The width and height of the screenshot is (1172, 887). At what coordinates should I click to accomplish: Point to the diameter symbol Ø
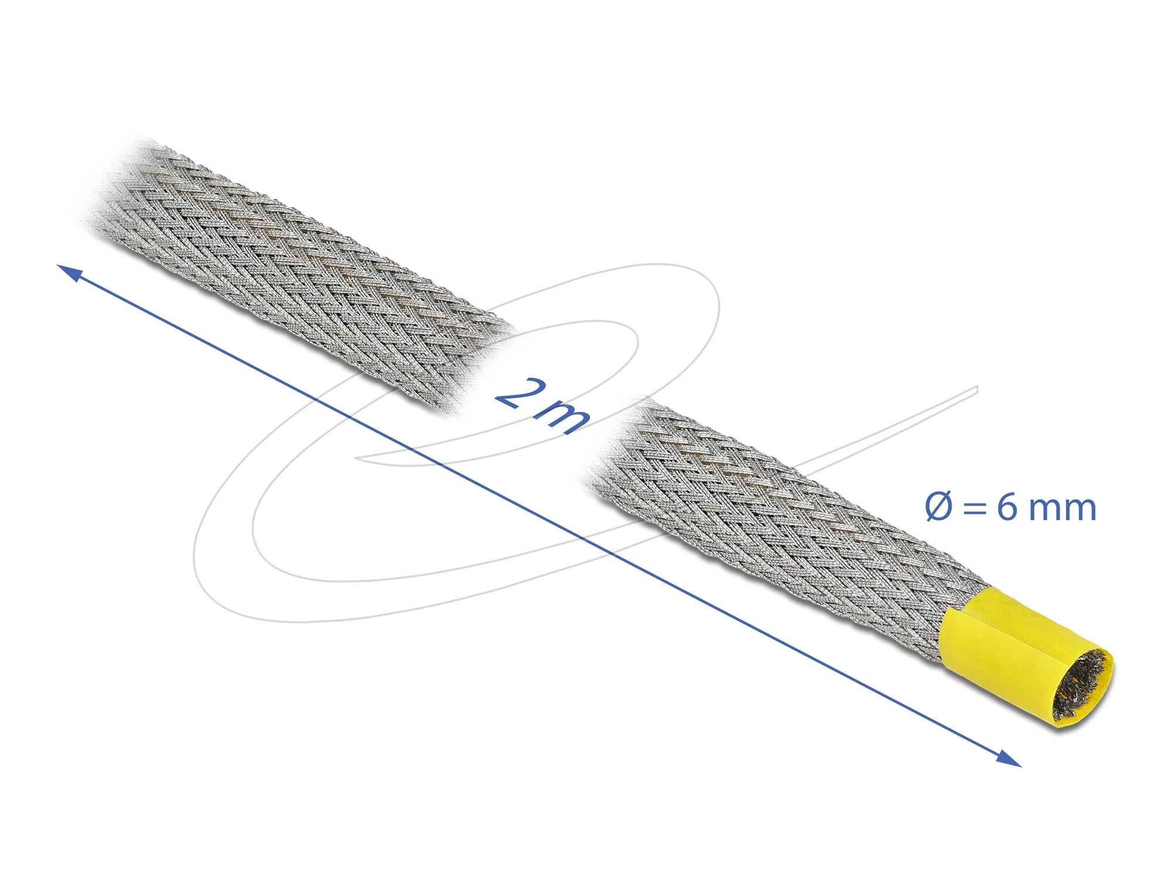click(x=939, y=507)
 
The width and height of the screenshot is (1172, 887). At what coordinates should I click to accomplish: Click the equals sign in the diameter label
click(x=975, y=509)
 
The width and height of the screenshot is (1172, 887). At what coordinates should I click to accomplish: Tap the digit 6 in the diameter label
click(x=1007, y=507)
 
